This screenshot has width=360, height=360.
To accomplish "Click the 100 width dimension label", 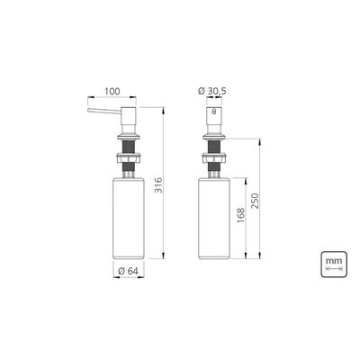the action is [112, 91].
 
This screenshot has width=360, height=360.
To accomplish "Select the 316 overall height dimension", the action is [158, 185].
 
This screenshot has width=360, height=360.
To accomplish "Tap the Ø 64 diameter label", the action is [128, 271].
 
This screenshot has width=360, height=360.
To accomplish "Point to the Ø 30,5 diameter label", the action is [212, 91].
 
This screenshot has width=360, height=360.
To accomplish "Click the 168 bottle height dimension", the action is [241, 215].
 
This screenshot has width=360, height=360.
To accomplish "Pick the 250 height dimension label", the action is [255, 201].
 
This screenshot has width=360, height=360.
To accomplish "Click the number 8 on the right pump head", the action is [214, 112].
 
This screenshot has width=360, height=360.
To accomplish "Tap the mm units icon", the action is [334, 265].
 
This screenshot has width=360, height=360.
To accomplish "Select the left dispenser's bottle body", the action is [129, 219].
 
